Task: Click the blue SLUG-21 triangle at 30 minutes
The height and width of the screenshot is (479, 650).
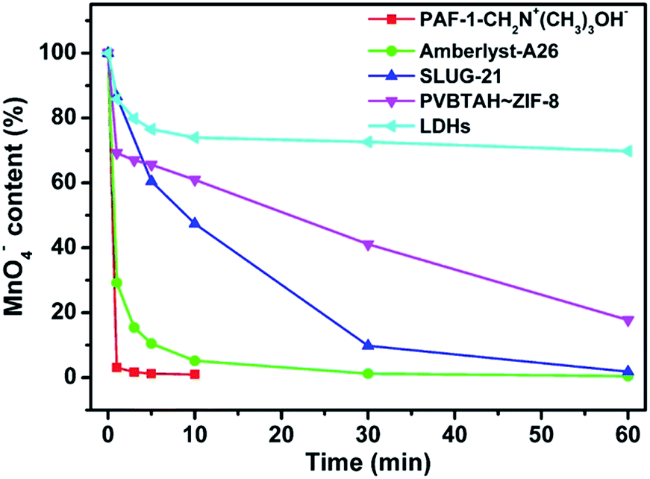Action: point(368,345)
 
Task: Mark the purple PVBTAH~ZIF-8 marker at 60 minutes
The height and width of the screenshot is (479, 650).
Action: point(628,321)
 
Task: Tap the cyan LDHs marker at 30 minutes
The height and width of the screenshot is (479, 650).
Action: point(368,142)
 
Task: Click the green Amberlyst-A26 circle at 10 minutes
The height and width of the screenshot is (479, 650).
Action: point(195,360)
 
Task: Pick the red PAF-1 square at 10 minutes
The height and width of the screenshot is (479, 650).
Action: point(195,375)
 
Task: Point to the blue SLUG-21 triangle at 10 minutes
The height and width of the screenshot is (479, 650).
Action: point(195,223)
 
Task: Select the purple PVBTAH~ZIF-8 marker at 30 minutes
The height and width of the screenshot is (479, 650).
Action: point(368,245)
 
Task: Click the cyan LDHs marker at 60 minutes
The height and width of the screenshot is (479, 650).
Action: point(628,151)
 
